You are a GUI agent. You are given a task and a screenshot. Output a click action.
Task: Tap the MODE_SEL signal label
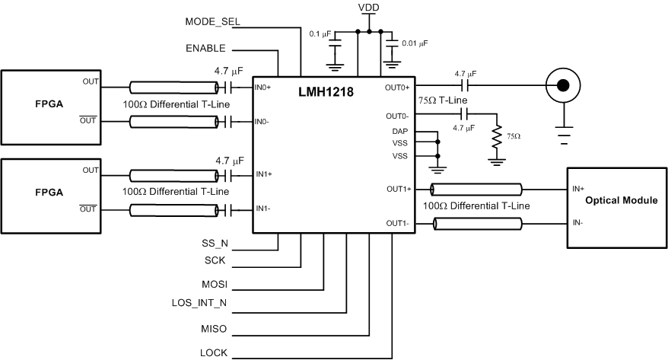(213, 21)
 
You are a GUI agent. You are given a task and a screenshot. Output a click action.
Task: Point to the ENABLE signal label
(205, 48)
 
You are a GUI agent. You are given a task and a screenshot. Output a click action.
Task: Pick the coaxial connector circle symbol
(563, 86)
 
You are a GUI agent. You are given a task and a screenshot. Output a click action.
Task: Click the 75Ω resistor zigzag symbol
(497, 136)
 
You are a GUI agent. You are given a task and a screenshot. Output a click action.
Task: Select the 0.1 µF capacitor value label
(320, 33)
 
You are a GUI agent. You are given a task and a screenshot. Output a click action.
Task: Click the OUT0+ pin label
(397, 88)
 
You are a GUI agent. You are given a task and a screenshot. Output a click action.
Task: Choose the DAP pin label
(400, 132)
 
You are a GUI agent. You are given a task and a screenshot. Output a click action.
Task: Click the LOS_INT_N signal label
(200, 304)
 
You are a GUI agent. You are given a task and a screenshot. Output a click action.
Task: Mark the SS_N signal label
(215, 244)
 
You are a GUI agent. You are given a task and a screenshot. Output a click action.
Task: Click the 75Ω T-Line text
(443, 100)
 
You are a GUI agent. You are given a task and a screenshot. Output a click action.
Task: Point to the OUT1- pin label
(398, 223)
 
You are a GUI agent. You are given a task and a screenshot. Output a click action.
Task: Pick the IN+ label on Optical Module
(578, 187)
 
